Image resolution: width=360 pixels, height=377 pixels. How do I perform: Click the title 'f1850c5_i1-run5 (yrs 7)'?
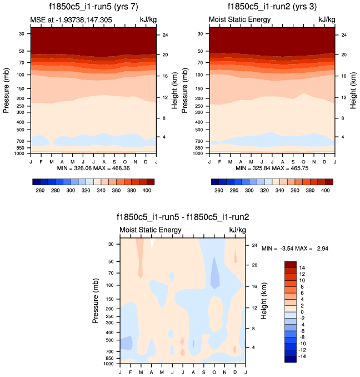click(93, 8)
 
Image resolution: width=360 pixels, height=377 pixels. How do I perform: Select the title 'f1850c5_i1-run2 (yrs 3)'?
click(271, 8)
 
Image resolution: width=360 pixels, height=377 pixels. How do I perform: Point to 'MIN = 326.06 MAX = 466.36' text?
click(93, 168)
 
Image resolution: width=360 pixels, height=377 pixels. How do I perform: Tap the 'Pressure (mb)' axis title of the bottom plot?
click(96, 300)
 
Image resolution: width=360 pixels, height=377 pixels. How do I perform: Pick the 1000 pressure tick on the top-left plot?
click(21, 153)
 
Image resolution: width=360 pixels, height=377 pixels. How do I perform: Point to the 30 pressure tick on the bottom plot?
click(110, 244)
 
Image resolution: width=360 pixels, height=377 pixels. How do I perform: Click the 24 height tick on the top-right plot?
click(344, 35)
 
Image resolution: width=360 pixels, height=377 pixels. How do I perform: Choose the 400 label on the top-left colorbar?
click(147, 190)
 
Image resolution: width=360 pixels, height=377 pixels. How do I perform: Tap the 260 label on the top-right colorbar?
click(219, 190)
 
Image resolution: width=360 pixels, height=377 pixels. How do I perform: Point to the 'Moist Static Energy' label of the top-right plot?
click(240, 20)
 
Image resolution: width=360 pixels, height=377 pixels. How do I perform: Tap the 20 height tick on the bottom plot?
click(254, 265)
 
